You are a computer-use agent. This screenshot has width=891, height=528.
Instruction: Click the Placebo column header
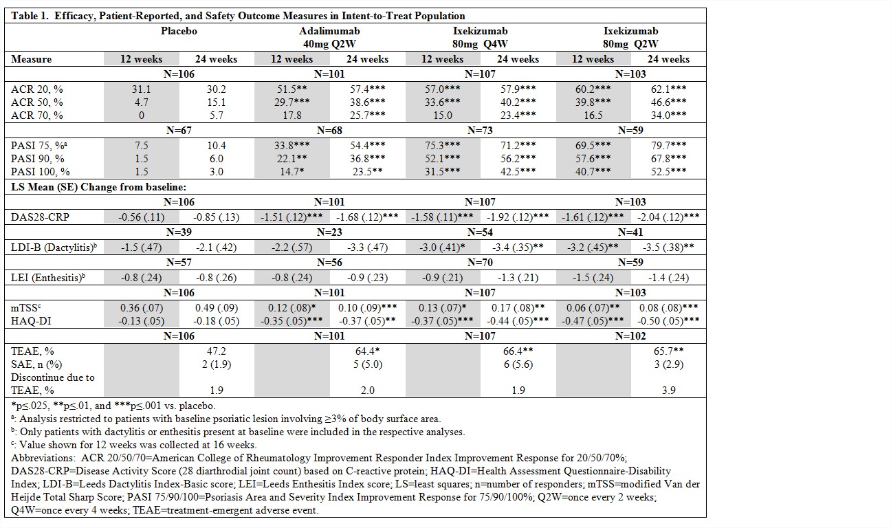pyautogui.click(x=179, y=31)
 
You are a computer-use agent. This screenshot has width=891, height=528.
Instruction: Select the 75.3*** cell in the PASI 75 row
pyautogui.click(x=441, y=146)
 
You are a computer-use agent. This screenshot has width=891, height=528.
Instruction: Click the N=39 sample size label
pyautogui.click(x=178, y=232)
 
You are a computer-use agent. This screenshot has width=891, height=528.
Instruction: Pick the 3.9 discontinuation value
pyautogui.click(x=668, y=390)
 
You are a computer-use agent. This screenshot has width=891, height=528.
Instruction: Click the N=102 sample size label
pyautogui.click(x=630, y=336)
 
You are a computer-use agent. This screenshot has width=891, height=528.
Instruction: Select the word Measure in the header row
pyautogui.click(x=32, y=59)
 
